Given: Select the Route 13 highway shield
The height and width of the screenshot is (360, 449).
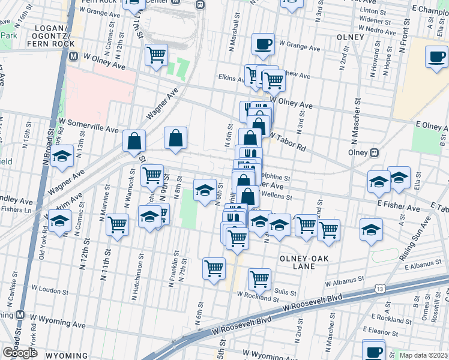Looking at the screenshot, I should click(x=381, y=289).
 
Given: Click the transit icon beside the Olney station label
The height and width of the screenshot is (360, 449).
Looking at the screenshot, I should click(x=374, y=152).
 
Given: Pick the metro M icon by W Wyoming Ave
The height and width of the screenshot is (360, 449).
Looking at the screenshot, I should click(x=20, y=314).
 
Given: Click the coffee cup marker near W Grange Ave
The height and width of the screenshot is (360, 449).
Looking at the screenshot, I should click(x=263, y=44).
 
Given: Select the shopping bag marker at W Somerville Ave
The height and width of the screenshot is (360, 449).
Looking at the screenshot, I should click(x=134, y=142).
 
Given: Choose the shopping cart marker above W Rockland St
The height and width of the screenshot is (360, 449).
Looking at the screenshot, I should click(x=259, y=278).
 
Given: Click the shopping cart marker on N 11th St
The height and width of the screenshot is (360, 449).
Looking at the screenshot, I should click(x=117, y=224).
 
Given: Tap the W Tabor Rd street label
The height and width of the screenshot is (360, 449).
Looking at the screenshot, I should click(x=288, y=142).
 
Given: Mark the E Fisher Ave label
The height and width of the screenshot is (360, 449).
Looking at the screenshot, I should click(x=399, y=207).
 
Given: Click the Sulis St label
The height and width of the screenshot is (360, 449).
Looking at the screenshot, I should click(x=285, y=292).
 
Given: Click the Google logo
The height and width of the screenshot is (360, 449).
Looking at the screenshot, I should click(x=19, y=352).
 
